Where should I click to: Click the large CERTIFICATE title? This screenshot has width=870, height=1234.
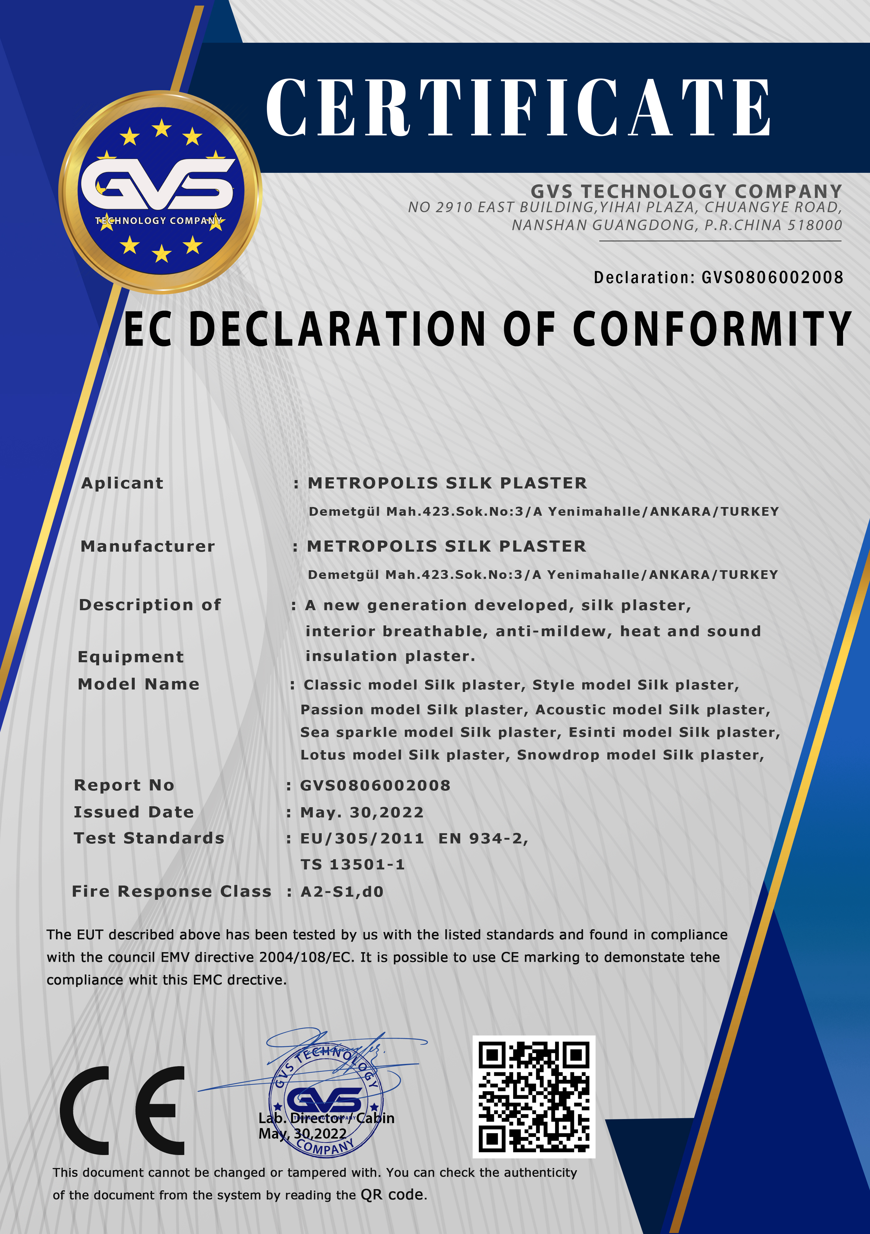(x=518, y=107)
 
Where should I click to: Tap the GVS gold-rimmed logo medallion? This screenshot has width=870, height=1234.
(x=160, y=192)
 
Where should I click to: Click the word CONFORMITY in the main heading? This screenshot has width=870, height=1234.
(x=712, y=329)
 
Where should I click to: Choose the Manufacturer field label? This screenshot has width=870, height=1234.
(x=148, y=547)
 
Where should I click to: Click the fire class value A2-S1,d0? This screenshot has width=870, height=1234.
(x=342, y=892)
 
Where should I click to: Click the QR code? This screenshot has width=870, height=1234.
(x=534, y=1096)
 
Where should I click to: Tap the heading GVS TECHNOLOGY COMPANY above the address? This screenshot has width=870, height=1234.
(x=686, y=191)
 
